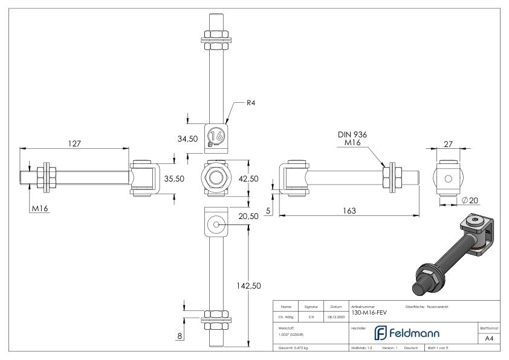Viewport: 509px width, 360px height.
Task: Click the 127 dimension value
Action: click(74, 144)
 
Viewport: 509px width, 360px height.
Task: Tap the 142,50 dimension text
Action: click(250, 284)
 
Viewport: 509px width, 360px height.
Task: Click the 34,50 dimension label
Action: click(187, 139)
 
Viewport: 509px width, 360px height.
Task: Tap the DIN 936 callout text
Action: click(353, 134)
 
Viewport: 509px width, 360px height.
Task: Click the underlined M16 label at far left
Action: click(40, 209)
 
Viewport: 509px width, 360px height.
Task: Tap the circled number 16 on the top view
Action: click(217, 136)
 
